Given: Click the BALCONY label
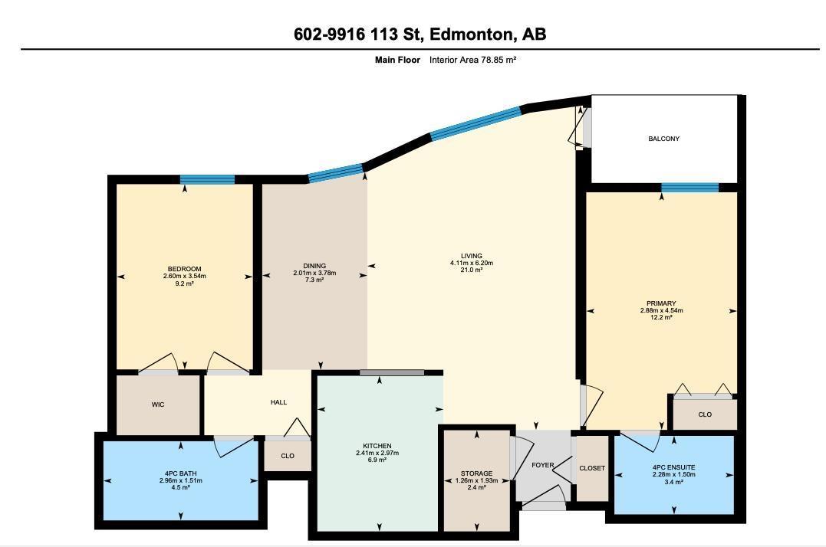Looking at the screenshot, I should (663, 139).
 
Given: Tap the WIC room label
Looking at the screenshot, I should (157, 405).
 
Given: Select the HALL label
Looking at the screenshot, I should (278, 402).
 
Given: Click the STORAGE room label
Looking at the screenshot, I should (476, 473).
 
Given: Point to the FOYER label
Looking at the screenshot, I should (542, 465).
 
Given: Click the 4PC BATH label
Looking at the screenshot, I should (180, 473).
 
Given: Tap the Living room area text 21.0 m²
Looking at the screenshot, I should (471, 270).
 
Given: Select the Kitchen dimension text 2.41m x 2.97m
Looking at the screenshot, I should (377, 453).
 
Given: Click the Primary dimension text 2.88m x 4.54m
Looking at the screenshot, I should (661, 310).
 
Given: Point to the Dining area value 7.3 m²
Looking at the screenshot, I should (314, 280).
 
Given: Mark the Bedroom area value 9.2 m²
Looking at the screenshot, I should (184, 283).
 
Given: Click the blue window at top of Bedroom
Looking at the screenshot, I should (207, 180).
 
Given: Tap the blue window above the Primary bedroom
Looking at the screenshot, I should (689, 187).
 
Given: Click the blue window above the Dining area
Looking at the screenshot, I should (335, 173).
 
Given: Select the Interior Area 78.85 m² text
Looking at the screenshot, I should (472, 60).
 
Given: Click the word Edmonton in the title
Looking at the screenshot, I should (471, 34).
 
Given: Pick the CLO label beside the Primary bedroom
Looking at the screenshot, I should (705, 414).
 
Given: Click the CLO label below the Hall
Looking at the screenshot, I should (288, 456).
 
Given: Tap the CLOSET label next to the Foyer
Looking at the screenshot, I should (591, 468).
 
